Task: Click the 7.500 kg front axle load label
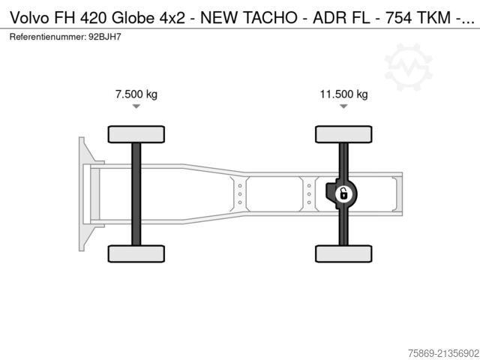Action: coord(136,94)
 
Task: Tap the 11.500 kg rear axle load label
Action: coord(343,94)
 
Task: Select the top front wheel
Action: coord(136,134)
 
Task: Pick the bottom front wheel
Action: coord(136,253)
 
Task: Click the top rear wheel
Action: coord(343,134)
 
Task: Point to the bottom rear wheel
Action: coord(343,253)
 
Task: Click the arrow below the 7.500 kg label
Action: coord(136,107)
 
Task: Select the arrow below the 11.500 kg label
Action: coord(343,107)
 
